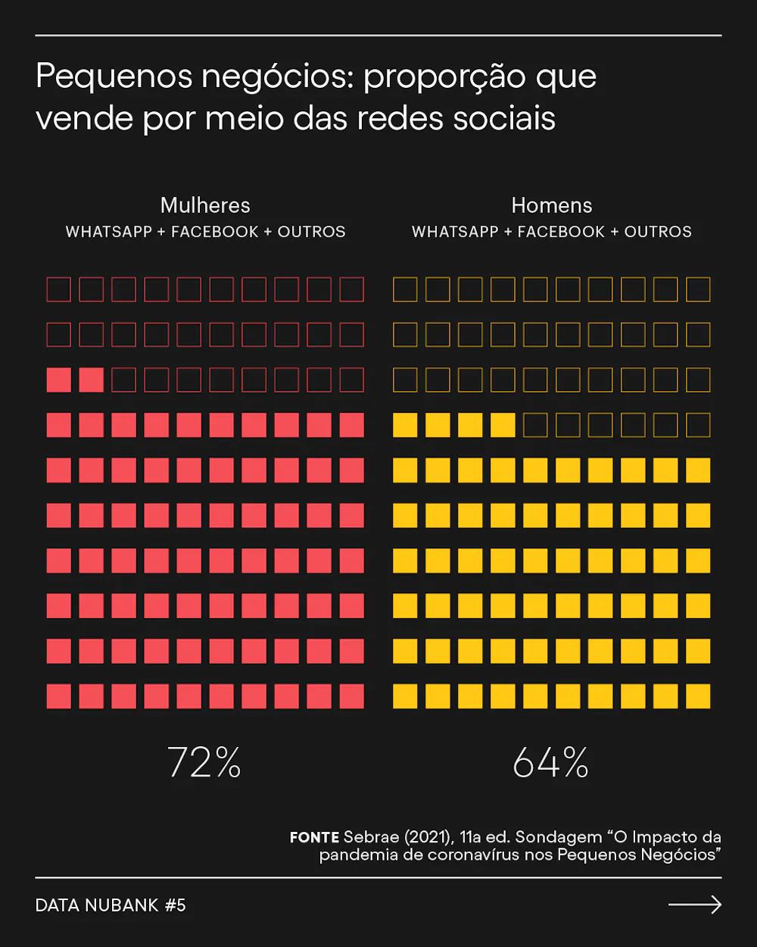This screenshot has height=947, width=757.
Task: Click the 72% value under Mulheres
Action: (204, 762)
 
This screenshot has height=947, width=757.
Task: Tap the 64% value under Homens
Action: (550, 762)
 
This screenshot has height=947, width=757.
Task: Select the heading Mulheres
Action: (205, 205)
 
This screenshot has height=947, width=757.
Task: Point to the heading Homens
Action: (552, 205)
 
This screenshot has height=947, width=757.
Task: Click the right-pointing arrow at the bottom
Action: (695, 905)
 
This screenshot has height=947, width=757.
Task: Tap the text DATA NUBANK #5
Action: (111, 905)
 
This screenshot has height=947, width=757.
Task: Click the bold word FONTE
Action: (314, 837)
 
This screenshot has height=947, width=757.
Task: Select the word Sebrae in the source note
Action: (371, 837)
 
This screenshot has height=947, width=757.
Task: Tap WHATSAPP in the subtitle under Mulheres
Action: (109, 232)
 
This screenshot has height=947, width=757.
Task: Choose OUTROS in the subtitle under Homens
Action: (658, 232)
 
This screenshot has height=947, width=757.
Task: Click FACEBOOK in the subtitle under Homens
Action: (561, 232)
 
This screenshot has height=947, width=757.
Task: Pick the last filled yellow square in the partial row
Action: (503, 425)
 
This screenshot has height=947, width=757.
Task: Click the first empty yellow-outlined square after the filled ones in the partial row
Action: (535, 425)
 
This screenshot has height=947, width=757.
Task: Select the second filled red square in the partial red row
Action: (92, 380)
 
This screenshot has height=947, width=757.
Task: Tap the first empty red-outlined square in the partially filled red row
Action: (124, 380)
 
